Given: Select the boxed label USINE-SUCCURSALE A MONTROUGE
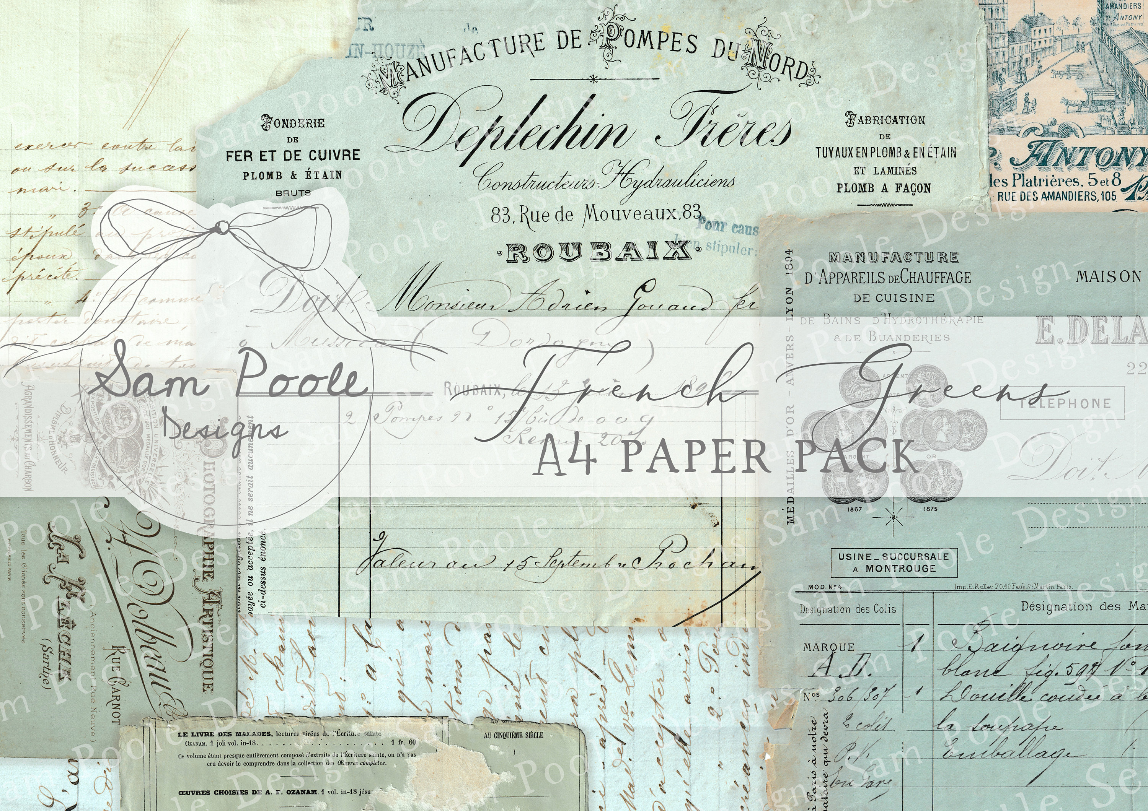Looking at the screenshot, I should point(894,563).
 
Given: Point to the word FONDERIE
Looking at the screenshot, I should point(293,122).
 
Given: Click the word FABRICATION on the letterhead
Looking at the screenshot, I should point(885,120).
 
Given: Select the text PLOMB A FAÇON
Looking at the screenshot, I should point(884,189).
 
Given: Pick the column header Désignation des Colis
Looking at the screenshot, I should point(848,609).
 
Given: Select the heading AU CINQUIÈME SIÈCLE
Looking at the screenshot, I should point(514,736).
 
